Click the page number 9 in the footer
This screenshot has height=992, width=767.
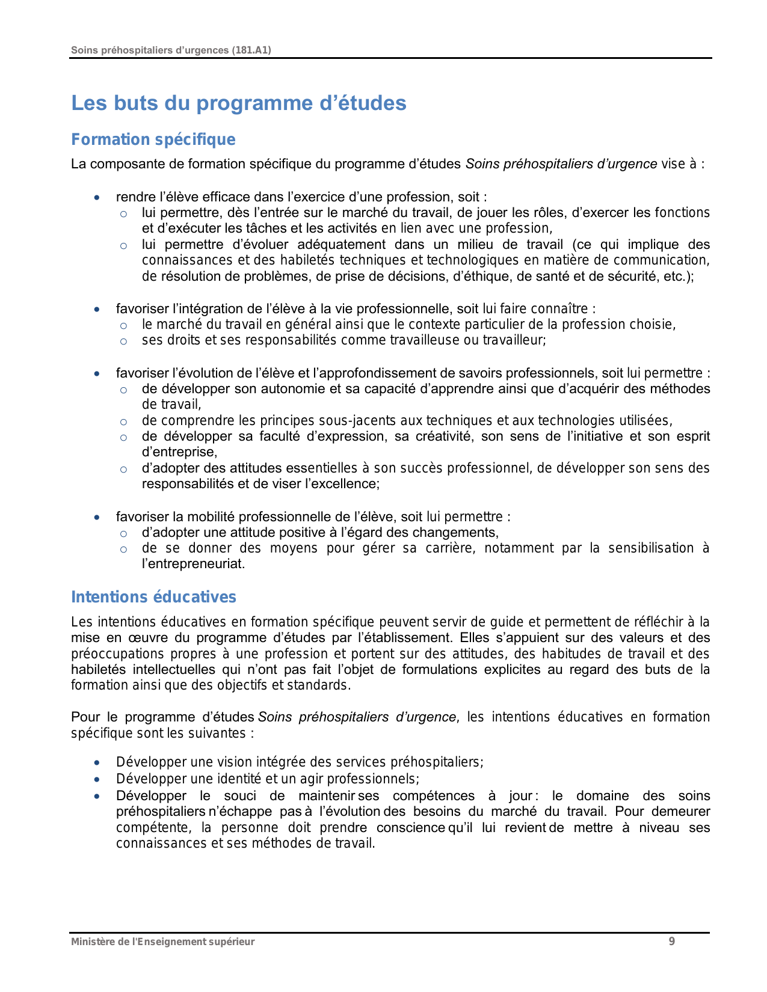[671, 941]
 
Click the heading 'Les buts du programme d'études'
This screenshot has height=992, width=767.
[239, 103]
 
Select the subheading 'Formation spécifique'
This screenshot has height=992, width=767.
[153, 139]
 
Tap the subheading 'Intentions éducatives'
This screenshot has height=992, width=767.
[153, 597]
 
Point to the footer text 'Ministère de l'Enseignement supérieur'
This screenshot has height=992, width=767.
[162, 941]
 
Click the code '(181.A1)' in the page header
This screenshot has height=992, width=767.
[251, 50]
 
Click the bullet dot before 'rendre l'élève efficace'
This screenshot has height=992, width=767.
[97, 197]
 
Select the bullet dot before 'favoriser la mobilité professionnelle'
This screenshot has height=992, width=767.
[97, 517]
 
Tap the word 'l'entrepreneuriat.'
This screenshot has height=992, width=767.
[193, 564]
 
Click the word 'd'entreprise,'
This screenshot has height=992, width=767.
[179, 452]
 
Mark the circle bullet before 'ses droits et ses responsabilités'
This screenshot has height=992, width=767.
[123, 341]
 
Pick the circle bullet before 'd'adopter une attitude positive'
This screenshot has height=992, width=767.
[123, 533]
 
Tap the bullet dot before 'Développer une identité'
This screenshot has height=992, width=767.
[97, 779]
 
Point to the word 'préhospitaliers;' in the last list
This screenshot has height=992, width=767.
[437, 762]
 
